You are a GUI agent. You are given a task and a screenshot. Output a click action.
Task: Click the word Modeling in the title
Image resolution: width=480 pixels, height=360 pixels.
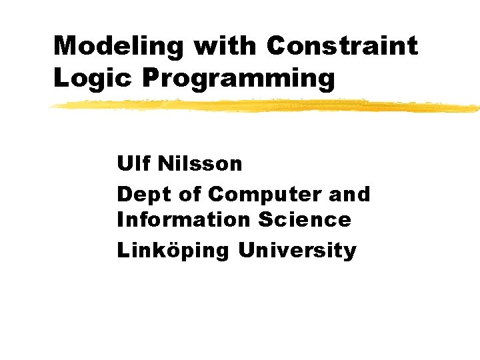tap(119, 46)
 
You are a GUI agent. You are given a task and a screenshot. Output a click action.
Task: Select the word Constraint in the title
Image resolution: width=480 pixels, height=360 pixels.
tap(342, 46)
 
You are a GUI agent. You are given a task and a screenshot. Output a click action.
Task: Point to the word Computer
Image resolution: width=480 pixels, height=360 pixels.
tap(264, 194)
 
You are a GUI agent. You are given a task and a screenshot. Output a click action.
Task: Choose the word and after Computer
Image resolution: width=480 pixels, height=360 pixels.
tap(349, 194)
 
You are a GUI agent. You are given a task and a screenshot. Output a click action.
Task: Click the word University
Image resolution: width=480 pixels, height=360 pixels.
tap(297, 251)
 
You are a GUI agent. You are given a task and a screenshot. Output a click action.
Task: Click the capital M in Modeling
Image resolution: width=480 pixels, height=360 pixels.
tap(65, 46)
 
